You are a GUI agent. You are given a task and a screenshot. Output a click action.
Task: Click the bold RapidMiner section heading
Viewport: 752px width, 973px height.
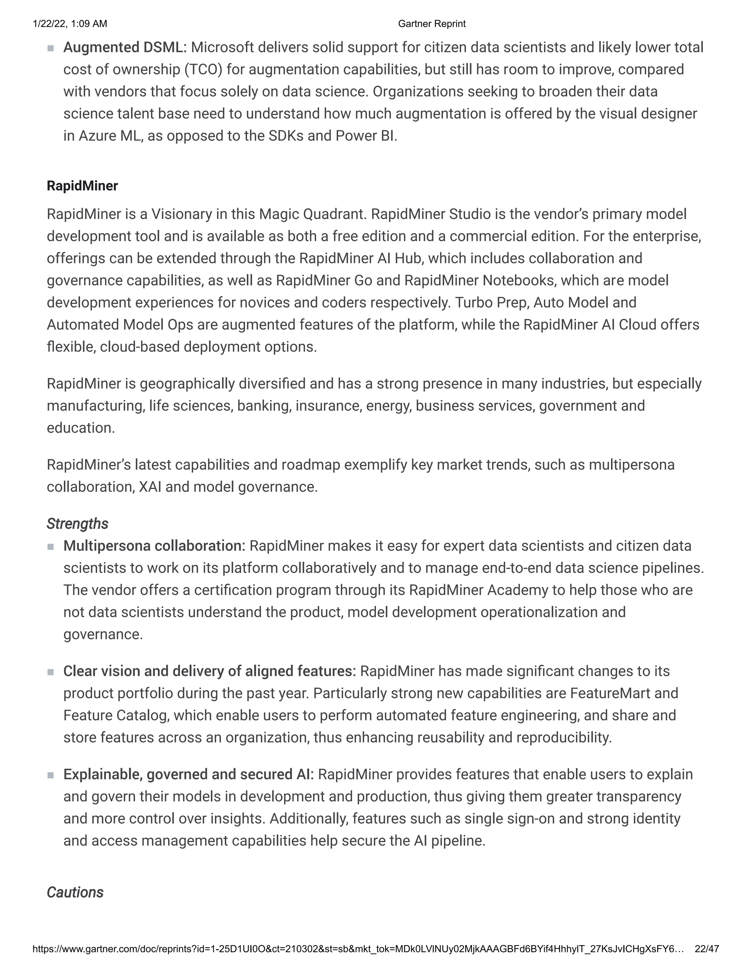click(x=82, y=186)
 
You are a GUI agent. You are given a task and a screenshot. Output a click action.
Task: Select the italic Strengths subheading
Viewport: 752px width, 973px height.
click(x=77, y=524)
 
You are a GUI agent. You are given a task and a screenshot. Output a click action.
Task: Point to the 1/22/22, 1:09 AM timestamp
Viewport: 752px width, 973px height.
click(x=70, y=23)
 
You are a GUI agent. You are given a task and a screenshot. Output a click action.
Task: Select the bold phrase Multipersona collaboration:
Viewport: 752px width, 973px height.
click(x=154, y=546)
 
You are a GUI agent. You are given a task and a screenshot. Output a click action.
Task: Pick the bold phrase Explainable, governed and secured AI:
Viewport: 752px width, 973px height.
click(x=188, y=774)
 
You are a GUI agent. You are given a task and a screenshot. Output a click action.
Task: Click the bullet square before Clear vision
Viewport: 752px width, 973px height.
click(x=50, y=672)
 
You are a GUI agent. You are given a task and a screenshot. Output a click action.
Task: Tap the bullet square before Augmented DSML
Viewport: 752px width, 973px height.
click(x=50, y=48)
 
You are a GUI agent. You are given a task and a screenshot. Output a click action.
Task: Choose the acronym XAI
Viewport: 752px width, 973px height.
click(x=150, y=487)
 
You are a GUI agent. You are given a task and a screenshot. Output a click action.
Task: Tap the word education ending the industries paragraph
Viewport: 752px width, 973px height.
click(x=80, y=428)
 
